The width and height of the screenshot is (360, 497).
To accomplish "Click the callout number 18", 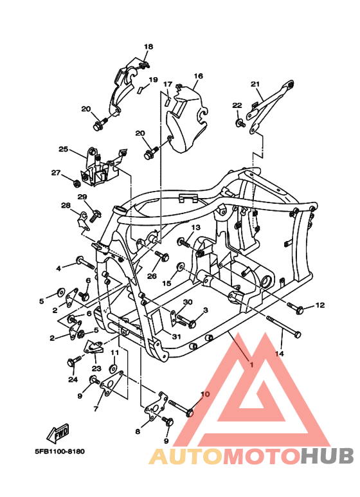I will [148, 47].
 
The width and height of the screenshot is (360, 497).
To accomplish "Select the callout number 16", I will [198, 76].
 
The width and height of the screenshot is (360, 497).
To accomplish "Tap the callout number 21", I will [255, 84].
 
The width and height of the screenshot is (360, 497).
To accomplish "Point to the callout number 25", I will [63, 149].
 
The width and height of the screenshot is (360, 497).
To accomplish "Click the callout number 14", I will [279, 354].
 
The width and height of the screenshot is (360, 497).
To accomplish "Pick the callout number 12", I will [320, 305].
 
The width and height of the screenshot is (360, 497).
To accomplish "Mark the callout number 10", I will [205, 394].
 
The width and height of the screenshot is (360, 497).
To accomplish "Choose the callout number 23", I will [96, 368].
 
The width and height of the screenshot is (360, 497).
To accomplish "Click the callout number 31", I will [175, 336].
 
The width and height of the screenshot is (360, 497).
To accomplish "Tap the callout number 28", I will [66, 206].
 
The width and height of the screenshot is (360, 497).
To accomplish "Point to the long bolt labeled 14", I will [283, 327].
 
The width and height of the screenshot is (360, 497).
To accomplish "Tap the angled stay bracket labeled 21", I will [273, 103].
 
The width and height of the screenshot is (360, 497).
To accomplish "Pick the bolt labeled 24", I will [72, 362].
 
